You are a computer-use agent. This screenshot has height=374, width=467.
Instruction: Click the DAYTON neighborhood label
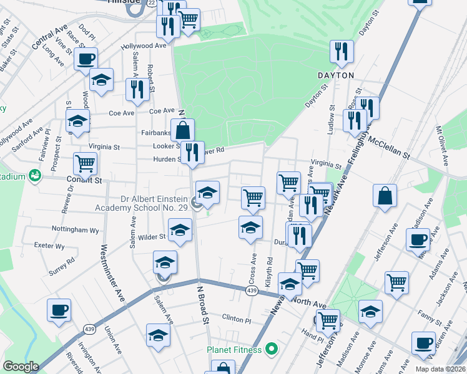click(336, 75)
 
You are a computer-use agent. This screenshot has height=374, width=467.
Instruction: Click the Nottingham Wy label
click(76, 229)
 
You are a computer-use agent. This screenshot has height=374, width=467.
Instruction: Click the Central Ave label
click(49, 37)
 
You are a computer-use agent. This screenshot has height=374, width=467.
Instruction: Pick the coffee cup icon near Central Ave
click(86, 59)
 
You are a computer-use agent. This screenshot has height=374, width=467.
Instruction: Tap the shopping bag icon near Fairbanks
click(182, 130)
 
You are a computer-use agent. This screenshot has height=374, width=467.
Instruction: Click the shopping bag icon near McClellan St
click(385, 195)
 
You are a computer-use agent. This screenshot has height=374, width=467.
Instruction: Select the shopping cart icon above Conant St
click(85, 164)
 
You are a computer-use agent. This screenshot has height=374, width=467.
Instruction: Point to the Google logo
click(20, 367)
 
